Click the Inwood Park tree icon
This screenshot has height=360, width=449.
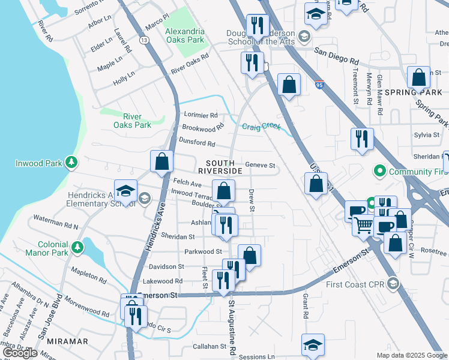click(71, 162)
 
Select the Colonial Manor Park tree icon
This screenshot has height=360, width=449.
click(77, 247)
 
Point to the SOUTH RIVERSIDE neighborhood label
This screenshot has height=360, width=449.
click(224, 167)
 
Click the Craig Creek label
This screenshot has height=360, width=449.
click(261, 127)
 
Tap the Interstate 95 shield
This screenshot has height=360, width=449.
click(319, 85)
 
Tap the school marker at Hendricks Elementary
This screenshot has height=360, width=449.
click(125, 191)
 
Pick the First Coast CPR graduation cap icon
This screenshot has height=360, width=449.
click(393, 283)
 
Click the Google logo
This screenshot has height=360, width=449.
click(20, 353)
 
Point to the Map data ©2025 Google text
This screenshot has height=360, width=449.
click(411, 355)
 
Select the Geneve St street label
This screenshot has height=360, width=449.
click(260, 166)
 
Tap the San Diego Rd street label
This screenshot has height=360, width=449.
click(337, 61)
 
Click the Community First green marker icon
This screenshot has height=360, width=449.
click(379, 172)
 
